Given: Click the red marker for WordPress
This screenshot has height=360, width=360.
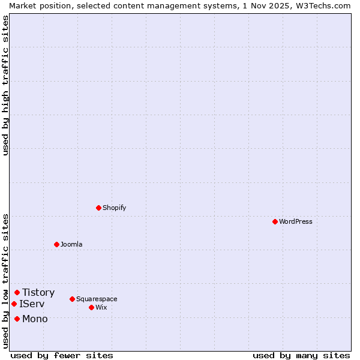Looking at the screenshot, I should [275, 221].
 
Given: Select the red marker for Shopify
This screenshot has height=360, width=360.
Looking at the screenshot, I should [98, 208].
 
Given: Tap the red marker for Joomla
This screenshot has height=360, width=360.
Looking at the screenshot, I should [56, 244].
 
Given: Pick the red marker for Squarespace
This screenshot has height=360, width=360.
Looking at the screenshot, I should [72, 299].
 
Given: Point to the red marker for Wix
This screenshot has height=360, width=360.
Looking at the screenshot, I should [91, 307].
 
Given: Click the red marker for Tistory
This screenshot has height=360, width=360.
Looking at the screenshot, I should [17, 293].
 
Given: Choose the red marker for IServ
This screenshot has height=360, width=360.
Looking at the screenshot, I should [14, 304].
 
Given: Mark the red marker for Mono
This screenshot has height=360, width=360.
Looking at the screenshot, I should [17, 319].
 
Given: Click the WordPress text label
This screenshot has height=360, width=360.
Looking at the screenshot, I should [296, 221].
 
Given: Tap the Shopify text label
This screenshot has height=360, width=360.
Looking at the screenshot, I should [115, 208].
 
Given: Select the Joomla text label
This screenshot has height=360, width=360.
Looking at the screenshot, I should [71, 244].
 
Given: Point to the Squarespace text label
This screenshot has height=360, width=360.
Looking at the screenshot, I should [97, 299].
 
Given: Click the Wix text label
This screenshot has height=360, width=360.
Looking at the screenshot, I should [101, 307].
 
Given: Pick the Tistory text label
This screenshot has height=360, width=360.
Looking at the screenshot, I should [38, 293].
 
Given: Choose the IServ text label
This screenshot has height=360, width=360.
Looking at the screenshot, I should [32, 304].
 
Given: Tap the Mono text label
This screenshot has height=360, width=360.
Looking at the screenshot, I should [35, 319].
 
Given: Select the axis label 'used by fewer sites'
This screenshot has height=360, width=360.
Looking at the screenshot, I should [62, 355].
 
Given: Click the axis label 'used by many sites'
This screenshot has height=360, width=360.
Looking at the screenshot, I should [301, 355].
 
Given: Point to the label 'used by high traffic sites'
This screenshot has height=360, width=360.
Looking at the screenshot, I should [5, 85].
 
